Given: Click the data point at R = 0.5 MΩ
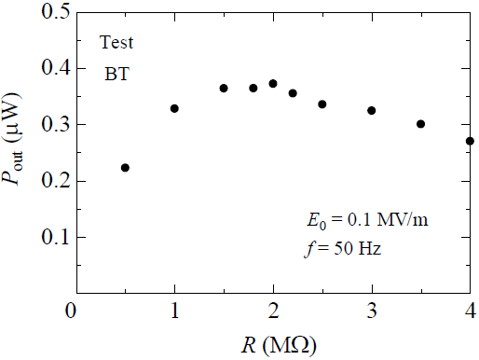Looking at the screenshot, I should click(x=125, y=168).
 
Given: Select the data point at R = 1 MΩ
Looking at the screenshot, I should click(x=174, y=108).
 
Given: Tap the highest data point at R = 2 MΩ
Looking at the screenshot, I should click(x=273, y=84).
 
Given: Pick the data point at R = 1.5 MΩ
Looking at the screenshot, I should click(x=224, y=88).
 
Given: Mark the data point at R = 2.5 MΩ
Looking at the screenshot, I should click(x=322, y=104).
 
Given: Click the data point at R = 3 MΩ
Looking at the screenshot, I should click(x=372, y=110).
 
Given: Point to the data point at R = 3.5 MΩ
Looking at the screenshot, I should click(x=421, y=124).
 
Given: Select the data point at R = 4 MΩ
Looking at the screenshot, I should click(x=470, y=141).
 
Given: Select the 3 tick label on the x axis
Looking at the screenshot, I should click(x=372, y=311).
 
